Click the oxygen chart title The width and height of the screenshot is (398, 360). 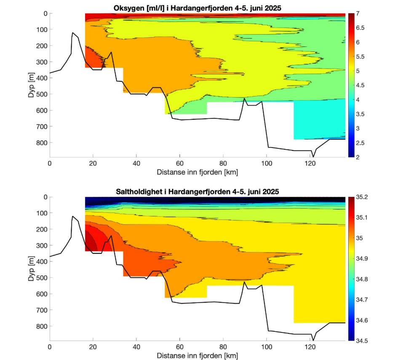(x=197, y=8)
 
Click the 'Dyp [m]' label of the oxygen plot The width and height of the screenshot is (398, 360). (x=31, y=85)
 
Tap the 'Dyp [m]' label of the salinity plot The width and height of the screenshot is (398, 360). (x=31, y=269)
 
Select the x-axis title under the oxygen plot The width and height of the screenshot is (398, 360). (x=197, y=172)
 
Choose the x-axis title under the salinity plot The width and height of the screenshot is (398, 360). (x=197, y=356)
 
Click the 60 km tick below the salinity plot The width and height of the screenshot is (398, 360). (x=180, y=347)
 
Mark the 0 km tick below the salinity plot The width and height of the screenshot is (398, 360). (x=50, y=347)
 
